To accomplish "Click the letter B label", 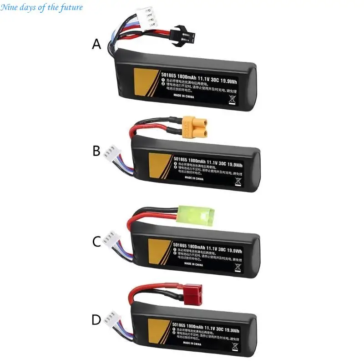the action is (x=96, y=151).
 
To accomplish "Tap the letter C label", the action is (x=96, y=241).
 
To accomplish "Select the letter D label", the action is (x=96, y=320).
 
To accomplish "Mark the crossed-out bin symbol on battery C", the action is (x=237, y=265).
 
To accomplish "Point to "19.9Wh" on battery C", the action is (x=233, y=250).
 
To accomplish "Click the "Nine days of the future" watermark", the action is (x=42, y=7).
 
